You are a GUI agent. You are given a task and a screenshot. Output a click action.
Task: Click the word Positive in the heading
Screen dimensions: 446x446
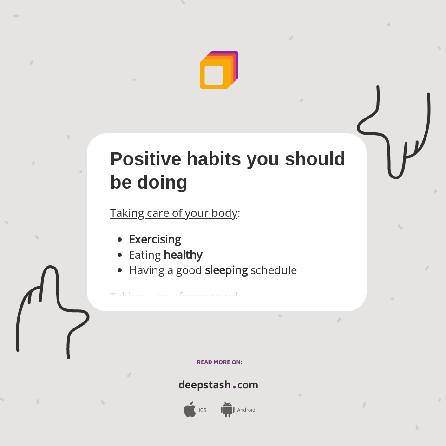coord(145,159)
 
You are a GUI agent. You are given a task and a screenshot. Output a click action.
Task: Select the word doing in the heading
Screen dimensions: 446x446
coord(162,183)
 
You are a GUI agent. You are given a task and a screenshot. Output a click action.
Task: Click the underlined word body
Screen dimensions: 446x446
coord(224,213)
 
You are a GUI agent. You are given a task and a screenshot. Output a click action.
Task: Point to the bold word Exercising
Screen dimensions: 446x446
coord(155,240)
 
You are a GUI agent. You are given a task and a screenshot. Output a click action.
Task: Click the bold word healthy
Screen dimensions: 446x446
coord(183,255)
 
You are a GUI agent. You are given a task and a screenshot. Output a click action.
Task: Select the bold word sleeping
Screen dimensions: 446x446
coord(226,270)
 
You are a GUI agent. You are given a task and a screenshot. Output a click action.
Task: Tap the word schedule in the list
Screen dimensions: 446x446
coord(273,270)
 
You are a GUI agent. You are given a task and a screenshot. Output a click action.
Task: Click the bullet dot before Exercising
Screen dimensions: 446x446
coord(120,240)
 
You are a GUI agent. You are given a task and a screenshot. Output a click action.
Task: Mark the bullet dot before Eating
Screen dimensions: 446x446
coord(120,255)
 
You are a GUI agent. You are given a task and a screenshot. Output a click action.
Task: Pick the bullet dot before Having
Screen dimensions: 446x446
coord(120,270)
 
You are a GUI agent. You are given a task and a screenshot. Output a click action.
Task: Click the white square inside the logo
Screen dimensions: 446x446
coord(214,76)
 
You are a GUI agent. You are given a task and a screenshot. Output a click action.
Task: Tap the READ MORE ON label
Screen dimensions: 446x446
coord(219,362)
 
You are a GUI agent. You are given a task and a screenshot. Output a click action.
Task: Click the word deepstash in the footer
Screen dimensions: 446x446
coord(204,385)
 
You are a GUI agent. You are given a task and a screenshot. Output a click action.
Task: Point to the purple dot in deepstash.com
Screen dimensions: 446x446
coord(234,387)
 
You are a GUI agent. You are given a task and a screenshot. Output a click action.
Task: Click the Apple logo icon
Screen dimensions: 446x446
coord(190,410)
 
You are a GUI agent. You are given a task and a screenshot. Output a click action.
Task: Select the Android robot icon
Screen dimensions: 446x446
coord(227,410)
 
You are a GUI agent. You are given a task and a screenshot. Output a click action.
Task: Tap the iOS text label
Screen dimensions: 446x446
coord(203,410)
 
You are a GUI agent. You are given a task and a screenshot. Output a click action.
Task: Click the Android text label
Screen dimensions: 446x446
coord(246,410)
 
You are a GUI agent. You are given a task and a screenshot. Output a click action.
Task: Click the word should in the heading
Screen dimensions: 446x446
coord(315,159)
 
